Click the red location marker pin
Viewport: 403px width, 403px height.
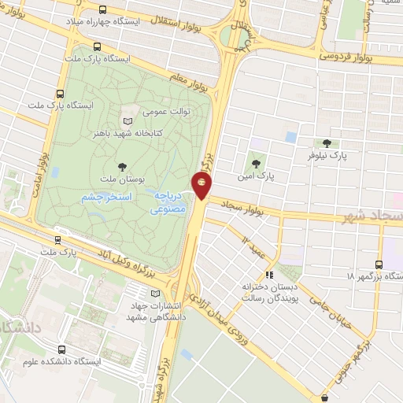pos(202,185)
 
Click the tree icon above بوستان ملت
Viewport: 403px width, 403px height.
pos(122,166)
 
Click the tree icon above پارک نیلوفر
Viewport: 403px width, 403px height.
pos(327,143)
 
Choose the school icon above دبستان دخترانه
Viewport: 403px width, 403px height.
pos(268,275)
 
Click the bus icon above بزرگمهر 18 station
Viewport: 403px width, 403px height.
pos(379,264)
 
